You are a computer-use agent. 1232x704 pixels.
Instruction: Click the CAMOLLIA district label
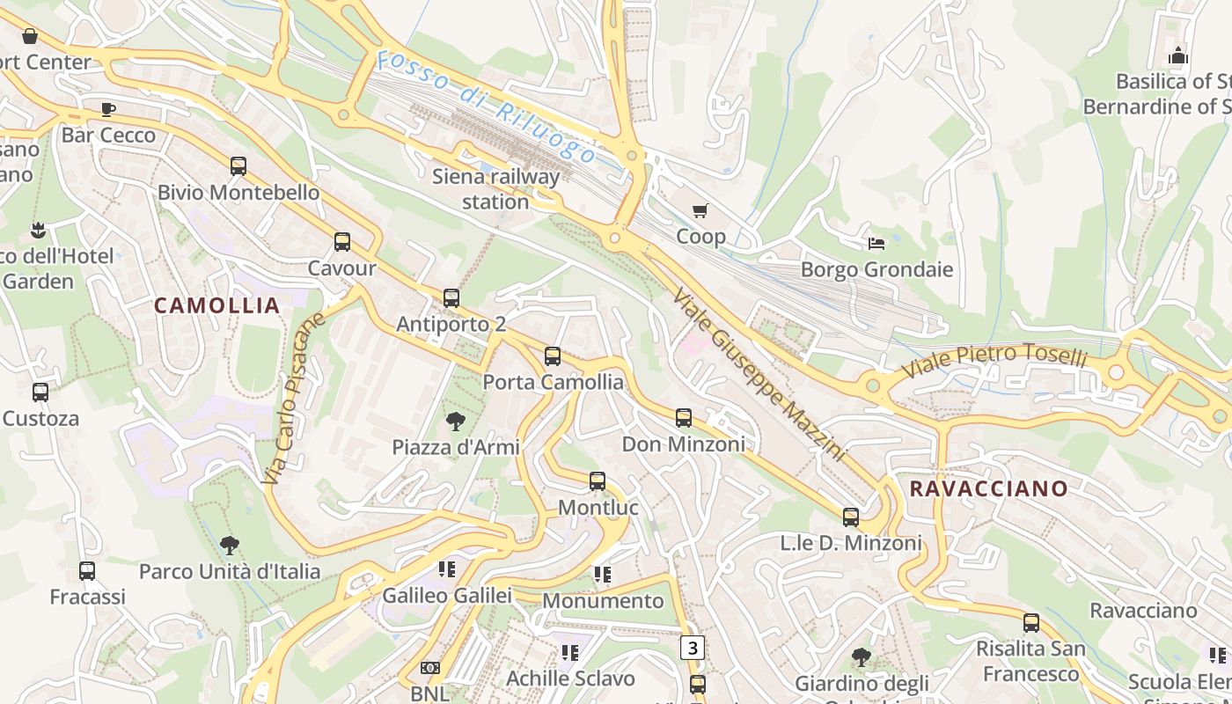pyautogui.click(x=217, y=305)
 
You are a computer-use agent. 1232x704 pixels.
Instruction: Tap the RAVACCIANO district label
pyautogui.click(x=988, y=488)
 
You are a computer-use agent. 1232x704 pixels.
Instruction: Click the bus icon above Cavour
pyautogui.click(x=342, y=241)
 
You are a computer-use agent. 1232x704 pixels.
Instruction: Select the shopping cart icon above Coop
pyautogui.click(x=700, y=210)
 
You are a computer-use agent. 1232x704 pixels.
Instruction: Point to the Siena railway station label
pyautogui.click(x=495, y=188)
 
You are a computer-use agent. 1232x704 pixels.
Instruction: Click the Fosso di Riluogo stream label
pyautogui.click(x=486, y=107)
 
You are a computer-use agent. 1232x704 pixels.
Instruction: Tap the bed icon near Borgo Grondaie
pyautogui.click(x=876, y=243)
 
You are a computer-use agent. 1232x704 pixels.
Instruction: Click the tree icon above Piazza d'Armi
pyautogui.click(x=455, y=421)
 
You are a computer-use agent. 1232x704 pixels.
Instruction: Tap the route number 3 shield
pyautogui.click(x=693, y=649)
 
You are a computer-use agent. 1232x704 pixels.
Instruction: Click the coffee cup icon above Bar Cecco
pyautogui.click(x=108, y=109)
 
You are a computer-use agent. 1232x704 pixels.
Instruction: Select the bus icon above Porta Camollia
pyautogui.click(x=553, y=356)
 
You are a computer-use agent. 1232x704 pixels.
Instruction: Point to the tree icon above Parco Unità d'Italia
pyautogui.click(x=230, y=545)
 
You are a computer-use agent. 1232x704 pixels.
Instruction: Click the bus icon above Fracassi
pyautogui.click(x=87, y=570)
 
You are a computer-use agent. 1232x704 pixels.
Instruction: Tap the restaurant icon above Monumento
pyautogui.click(x=602, y=575)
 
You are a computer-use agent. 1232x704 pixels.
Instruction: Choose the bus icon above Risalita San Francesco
pyautogui.click(x=1031, y=623)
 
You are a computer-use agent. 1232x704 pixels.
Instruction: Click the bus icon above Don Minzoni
pyautogui.click(x=684, y=418)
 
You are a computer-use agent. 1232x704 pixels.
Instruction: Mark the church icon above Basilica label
pyautogui.click(x=1178, y=56)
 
